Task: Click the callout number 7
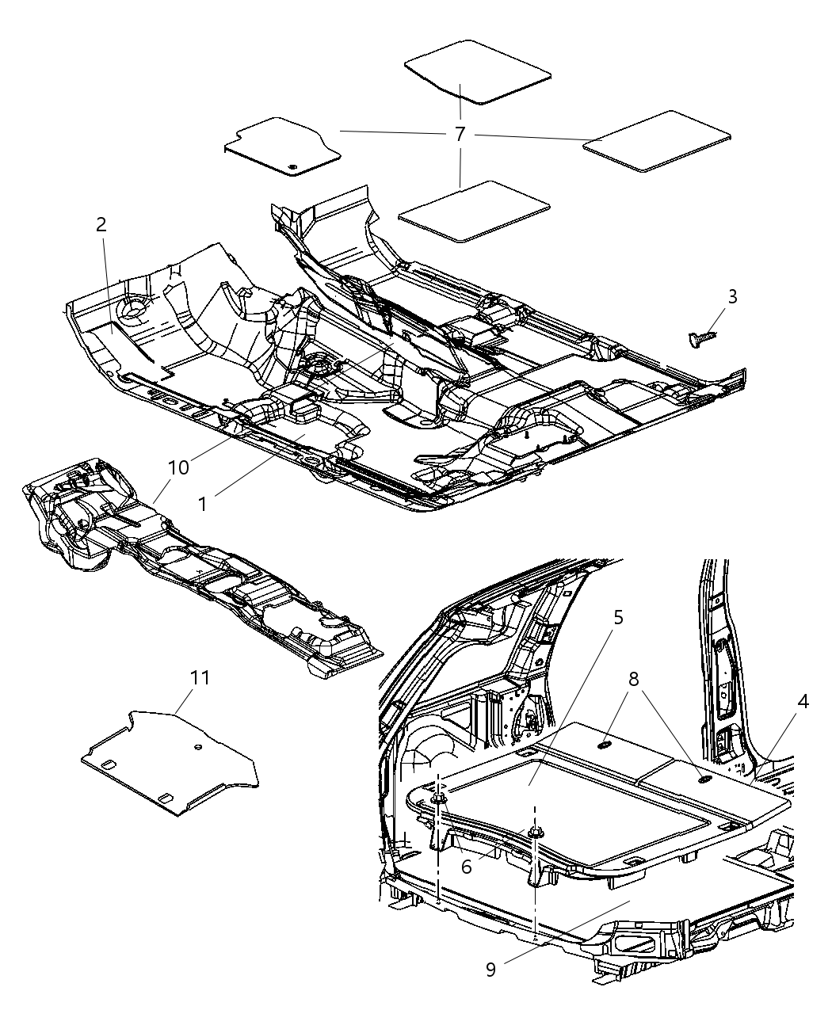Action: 460,134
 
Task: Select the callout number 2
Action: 101,224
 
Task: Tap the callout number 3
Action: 732,296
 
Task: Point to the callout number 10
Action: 178,467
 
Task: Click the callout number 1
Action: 204,504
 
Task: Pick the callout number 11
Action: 200,677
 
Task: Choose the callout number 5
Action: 618,617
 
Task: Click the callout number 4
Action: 803,702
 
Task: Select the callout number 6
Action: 467,867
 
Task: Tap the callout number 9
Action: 490,969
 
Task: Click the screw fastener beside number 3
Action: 699,339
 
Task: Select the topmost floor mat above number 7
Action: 478,71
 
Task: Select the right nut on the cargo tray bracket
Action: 536,832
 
